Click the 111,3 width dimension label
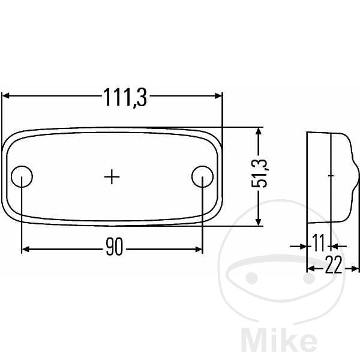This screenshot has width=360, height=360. (125, 98)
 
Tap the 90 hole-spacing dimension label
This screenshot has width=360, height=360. (115, 247)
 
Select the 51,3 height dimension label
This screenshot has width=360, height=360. (259, 173)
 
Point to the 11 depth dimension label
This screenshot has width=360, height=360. (319, 243)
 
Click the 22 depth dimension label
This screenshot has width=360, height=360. (334, 265)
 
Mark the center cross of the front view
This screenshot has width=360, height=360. (112, 177)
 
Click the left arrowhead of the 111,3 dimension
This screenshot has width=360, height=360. (5, 96)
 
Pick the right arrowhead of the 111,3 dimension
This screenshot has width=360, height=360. (218, 96)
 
